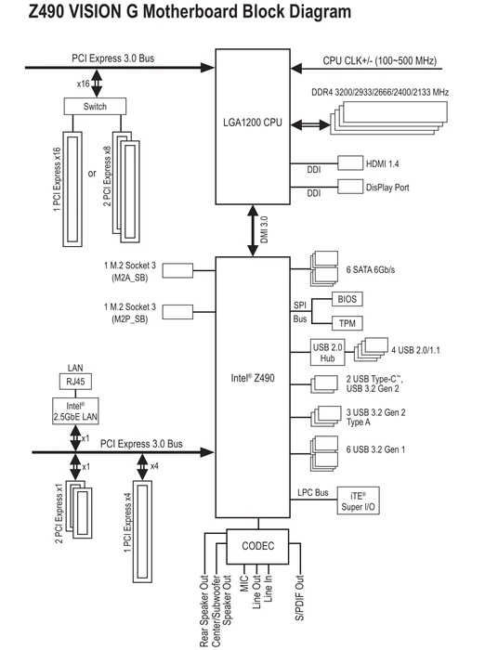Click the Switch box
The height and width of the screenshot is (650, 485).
(95, 106)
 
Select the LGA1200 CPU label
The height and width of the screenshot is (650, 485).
(252, 123)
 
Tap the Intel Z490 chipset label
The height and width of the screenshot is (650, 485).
(252, 378)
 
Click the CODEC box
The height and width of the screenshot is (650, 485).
(257, 546)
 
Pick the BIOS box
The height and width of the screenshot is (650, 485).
(347, 299)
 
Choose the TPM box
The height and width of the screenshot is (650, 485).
(347, 323)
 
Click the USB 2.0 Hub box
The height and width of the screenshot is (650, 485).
(327, 352)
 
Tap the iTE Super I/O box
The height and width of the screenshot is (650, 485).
(358, 500)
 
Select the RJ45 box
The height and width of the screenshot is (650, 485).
(75, 382)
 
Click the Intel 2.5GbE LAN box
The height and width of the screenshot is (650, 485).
(75, 410)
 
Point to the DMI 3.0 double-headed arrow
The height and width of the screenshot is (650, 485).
(253, 230)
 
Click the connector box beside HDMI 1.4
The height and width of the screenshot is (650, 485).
(350, 162)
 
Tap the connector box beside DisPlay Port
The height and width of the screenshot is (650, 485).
(350, 187)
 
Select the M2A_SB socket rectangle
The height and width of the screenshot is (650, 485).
(177, 271)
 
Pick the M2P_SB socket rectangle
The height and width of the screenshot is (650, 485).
(177, 312)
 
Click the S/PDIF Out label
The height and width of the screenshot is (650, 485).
(299, 597)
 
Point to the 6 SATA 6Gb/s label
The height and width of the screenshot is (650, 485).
(371, 270)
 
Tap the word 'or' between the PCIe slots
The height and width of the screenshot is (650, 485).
(92, 174)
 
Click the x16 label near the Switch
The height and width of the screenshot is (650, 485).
(83, 84)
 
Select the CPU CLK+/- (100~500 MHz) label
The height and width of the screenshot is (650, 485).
(380, 61)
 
